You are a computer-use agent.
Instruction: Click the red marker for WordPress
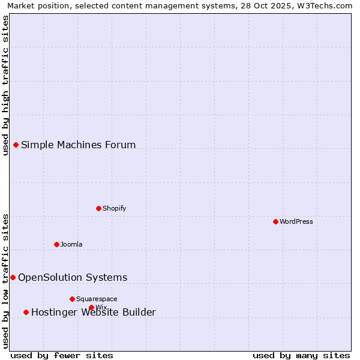coord(275,221)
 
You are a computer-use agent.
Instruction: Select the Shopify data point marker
coord(98,208)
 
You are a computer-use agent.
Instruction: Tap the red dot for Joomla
coord(56,244)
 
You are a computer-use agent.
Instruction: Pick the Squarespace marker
coord(72,299)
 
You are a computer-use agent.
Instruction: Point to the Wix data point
coord(91,307)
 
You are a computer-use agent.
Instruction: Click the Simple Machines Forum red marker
coord(16,145)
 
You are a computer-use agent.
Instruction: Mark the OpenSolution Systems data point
coord(13,277)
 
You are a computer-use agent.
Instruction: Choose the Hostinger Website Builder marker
coord(26,312)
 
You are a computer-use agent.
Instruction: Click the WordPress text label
coord(296,221)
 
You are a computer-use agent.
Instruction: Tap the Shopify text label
coord(115,208)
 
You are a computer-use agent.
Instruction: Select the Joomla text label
coord(71,244)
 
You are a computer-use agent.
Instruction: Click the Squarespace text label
coord(97,299)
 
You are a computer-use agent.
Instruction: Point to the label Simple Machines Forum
coord(79,145)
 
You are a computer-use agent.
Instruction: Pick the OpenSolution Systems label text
coord(73,277)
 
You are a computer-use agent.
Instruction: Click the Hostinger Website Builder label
coord(94,312)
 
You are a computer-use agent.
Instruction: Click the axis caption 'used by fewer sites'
coord(62,355)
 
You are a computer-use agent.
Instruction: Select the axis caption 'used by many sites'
coord(301,355)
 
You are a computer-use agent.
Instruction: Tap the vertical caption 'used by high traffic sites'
coord(5,85)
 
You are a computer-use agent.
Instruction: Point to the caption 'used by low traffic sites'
coord(5,281)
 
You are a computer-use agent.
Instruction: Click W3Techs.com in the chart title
coord(324,5)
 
